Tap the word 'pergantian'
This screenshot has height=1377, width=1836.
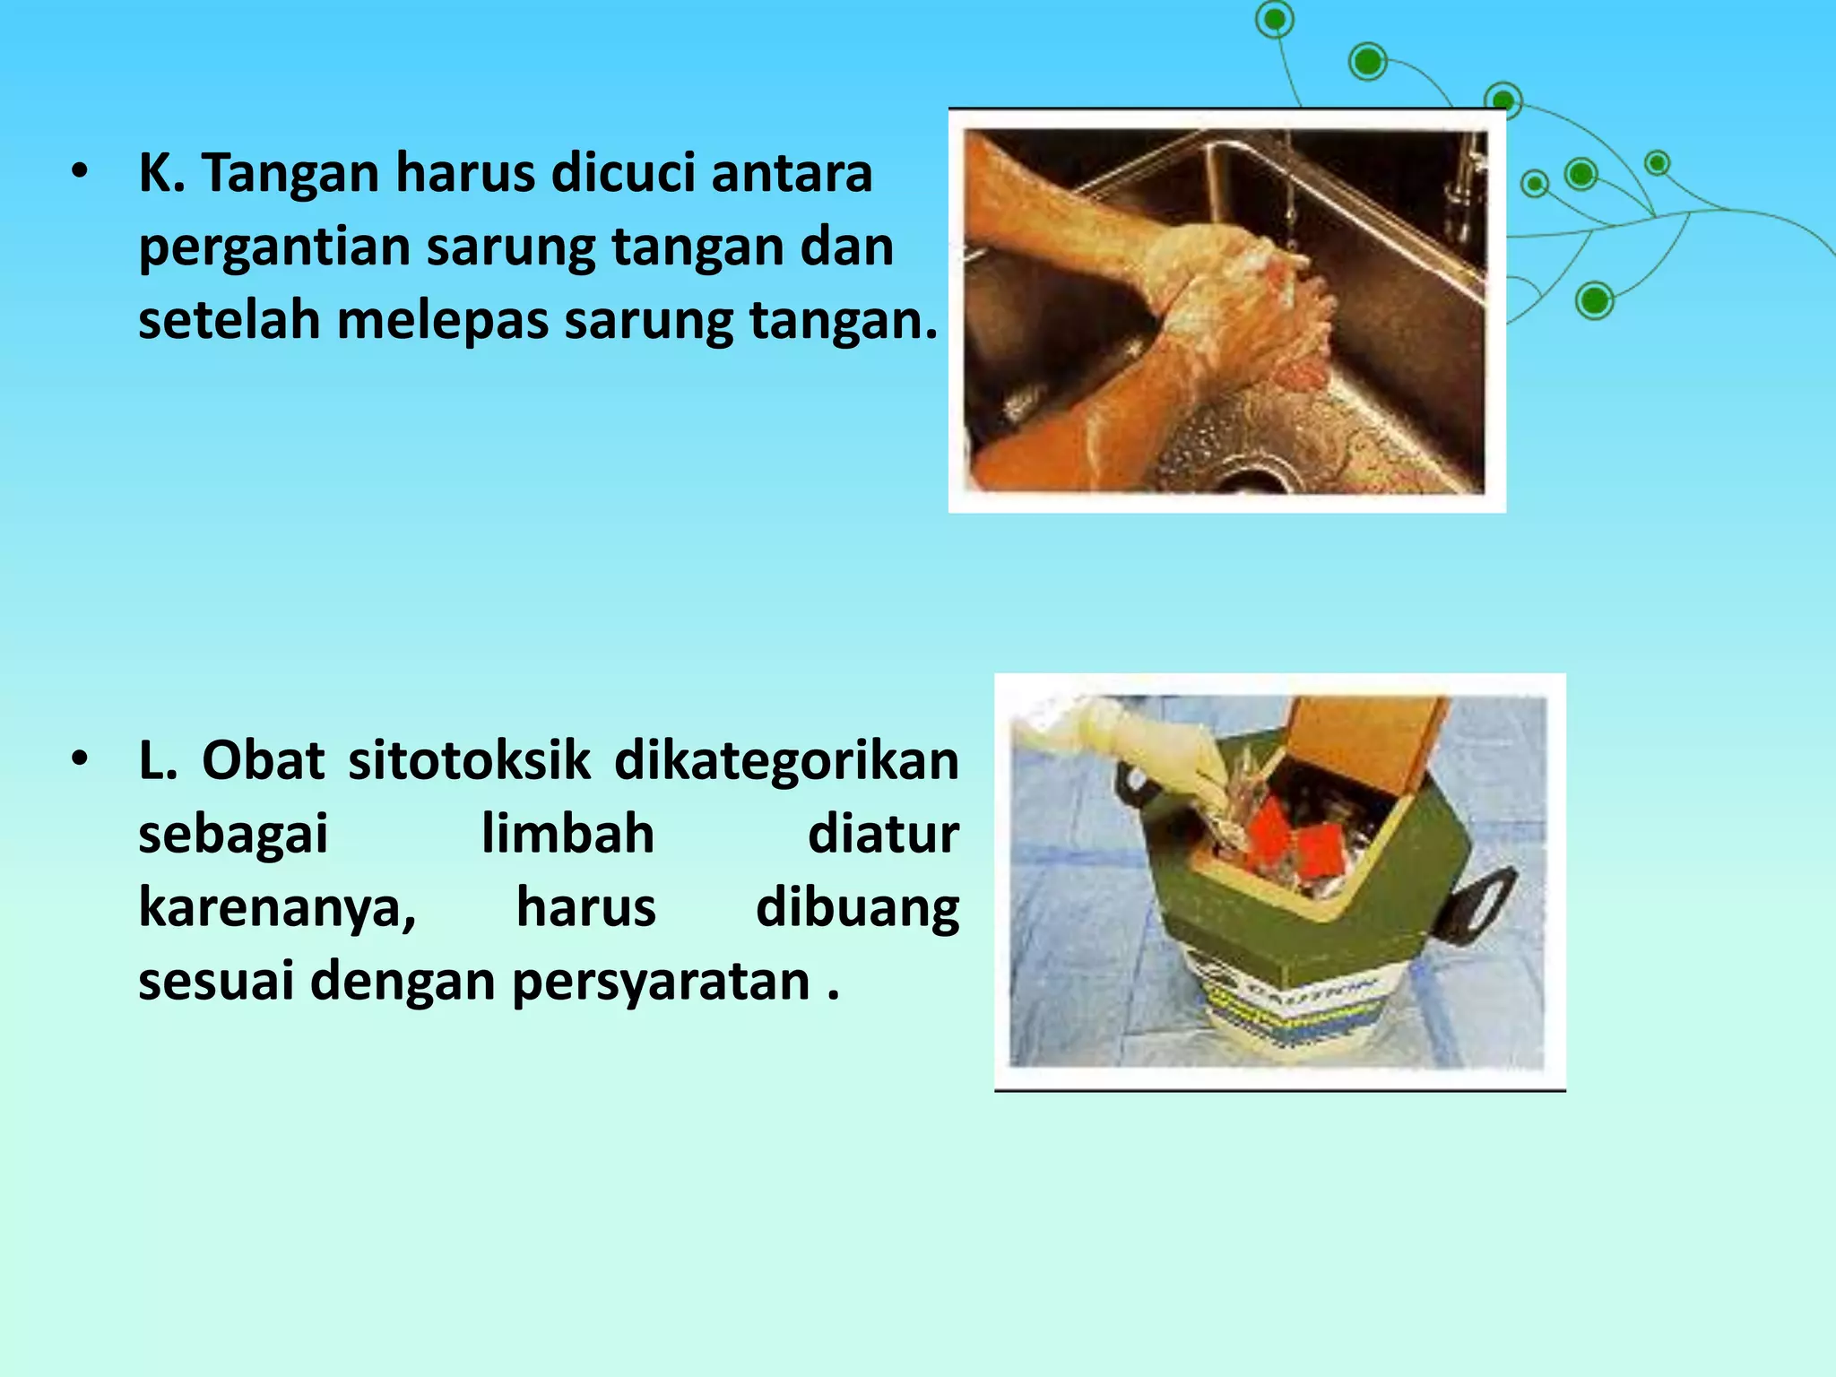click(x=273, y=247)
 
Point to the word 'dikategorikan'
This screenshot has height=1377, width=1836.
click(x=786, y=761)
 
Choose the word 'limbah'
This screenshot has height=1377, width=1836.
click(x=567, y=835)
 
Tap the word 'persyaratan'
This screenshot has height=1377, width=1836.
click(x=661, y=982)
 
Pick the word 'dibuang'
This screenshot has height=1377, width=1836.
click(x=857, y=908)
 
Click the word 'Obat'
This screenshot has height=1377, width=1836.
click(x=263, y=761)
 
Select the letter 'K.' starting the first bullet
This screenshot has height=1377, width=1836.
click(x=161, y=172)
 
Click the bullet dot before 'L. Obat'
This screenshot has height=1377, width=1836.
click(x=81, y=759)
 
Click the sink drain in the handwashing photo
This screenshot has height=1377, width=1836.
click(x=1255, y=475)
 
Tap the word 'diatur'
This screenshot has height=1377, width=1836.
click(x=883, y=835)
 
